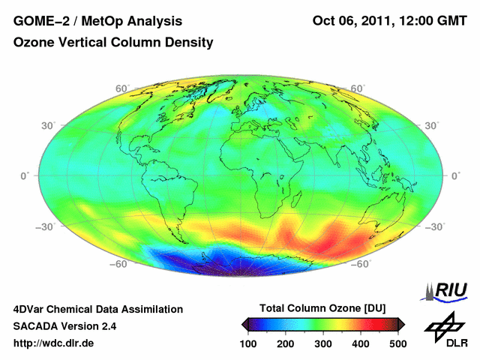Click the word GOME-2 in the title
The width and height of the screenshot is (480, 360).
[38, 20]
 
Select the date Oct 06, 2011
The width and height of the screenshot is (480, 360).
[352, 20]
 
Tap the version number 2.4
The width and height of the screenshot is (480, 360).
[106, 326]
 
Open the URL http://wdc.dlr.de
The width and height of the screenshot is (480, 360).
[54, 343]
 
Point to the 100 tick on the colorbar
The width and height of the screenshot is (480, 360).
[250, 343]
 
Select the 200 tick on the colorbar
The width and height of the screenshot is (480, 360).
[286, 343]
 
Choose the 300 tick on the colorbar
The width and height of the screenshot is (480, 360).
[323, 343]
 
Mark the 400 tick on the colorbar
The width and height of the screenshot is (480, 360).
[360, 343]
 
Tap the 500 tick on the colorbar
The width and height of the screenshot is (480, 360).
[397, 343]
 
